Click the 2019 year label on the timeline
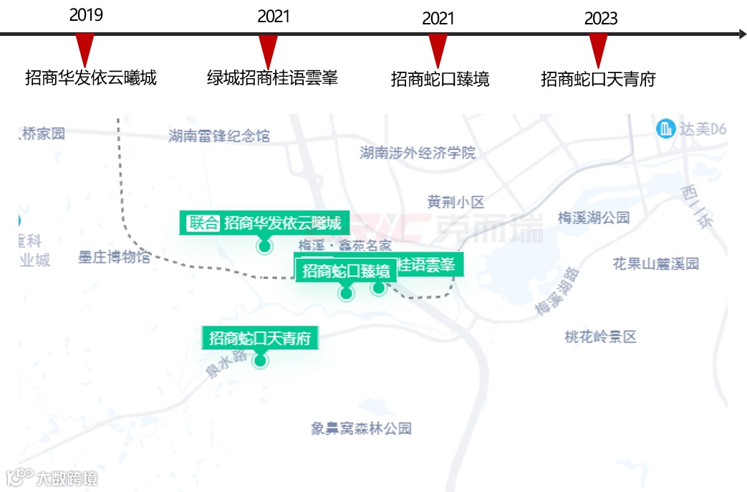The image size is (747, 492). (86, 15)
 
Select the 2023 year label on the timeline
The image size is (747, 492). (600, 19)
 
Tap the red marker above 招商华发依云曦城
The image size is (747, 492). (85, 50)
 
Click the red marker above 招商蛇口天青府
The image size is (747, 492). (598, 51)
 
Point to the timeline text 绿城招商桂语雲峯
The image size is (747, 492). (272, 77)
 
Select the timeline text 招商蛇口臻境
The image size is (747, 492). (440, 79)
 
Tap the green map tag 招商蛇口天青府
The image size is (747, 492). (260, 338)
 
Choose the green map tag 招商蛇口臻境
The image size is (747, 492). (346, 270)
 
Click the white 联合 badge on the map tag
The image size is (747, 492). (203, 222)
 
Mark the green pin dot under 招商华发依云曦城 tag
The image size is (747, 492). (264, 247)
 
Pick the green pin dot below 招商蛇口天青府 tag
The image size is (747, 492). (260, 361)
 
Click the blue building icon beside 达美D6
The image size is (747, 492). (666, 129)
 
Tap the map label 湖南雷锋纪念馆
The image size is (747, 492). (219, 135)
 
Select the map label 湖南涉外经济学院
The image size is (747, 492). (418, 152)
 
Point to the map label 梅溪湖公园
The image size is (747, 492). (593, 217)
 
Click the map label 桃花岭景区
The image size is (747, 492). (600, 336)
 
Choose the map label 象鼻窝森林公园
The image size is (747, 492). (362, 429)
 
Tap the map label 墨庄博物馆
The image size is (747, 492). (115, 257)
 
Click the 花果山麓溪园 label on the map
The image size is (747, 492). (655, 263)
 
